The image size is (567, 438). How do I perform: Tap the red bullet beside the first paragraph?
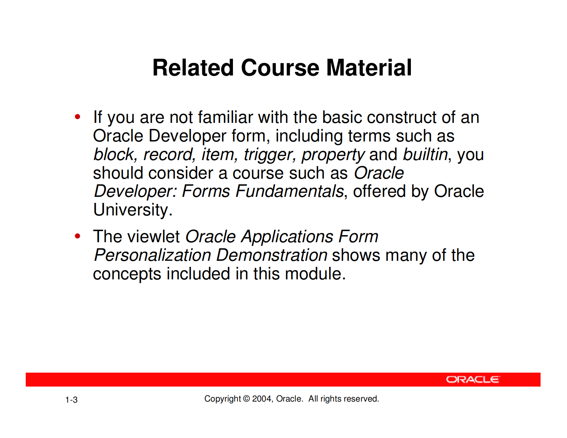77,117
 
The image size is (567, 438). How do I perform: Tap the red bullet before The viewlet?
77,236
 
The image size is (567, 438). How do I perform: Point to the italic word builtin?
425,155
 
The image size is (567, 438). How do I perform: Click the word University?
133,210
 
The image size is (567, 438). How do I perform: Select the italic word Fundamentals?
289,191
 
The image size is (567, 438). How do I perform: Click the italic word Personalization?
153,255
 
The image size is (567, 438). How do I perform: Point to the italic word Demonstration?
272,255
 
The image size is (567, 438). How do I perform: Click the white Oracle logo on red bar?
472,379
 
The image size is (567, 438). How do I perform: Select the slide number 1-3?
71,400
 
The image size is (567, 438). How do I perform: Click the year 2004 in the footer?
262,399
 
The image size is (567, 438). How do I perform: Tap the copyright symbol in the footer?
247,399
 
